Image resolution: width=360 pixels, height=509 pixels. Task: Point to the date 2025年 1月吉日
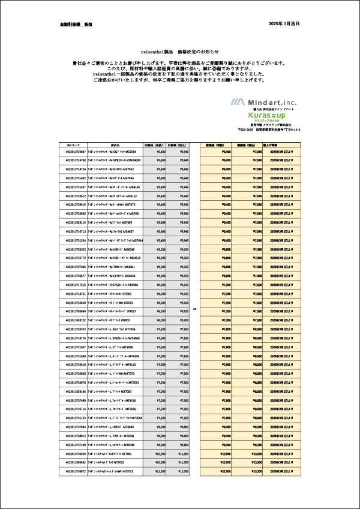coord(285,24)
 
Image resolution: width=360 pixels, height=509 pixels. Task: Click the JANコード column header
coord(72,145)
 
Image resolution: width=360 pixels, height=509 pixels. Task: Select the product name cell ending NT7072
coord(114,472)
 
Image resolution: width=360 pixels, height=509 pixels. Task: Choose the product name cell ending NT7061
coord(113,454)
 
